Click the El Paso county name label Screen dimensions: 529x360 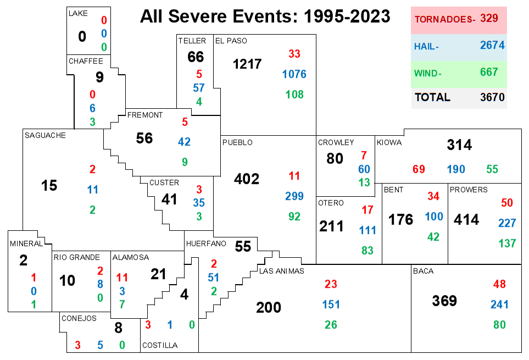231,41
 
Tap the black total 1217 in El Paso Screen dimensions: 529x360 247,64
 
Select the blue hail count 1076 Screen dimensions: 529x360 294,74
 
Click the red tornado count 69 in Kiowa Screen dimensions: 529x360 419,169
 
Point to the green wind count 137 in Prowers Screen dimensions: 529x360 508,243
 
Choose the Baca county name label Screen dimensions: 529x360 424,271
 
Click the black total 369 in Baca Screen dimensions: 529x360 444,301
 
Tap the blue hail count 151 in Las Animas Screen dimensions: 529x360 331,304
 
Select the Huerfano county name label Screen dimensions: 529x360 206,243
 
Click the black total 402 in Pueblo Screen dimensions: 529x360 247,179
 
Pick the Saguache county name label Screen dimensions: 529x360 45,135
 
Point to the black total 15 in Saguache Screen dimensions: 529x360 49,185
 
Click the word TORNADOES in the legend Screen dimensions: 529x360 444,19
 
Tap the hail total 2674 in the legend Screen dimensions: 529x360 492,45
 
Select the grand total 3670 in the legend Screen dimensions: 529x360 492,97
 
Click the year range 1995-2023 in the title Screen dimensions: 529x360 347,16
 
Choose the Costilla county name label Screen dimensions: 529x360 160,345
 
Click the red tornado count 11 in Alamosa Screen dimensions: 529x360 122,278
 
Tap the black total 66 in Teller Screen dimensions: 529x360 196,57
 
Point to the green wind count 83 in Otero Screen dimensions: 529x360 367,250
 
